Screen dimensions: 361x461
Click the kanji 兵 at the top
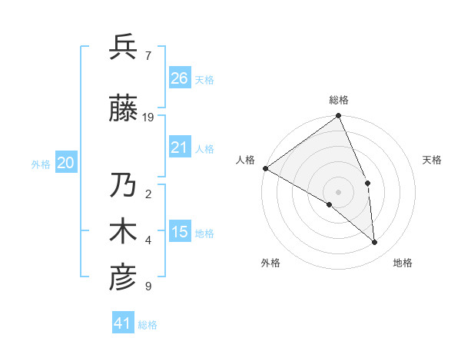point(123,48)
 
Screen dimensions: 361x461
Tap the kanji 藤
point(123,108)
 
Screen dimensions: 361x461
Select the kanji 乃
point(123,185)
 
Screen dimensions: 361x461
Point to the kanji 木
point(123,231)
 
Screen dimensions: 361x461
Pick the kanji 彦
point(123,277)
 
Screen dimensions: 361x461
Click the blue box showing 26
point(180,78)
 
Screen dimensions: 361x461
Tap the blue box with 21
point(180,147)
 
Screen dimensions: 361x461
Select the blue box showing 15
point(180,232)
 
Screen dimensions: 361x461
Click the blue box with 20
point(66,163)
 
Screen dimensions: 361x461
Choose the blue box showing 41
point(123,323)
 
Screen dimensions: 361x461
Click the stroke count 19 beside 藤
point(148,118)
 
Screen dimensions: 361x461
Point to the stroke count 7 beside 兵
point(148,56)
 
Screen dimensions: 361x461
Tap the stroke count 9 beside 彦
point(148,286)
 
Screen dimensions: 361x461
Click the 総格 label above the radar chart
point(338,100)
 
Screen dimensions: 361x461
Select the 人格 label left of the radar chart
point(246,160)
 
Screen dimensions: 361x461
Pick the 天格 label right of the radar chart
point(432,160)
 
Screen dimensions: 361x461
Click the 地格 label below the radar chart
point(403,263)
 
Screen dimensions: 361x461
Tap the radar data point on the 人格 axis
point(265,168)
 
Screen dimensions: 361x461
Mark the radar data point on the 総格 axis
point(338,117)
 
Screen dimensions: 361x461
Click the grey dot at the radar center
point(338,191)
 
